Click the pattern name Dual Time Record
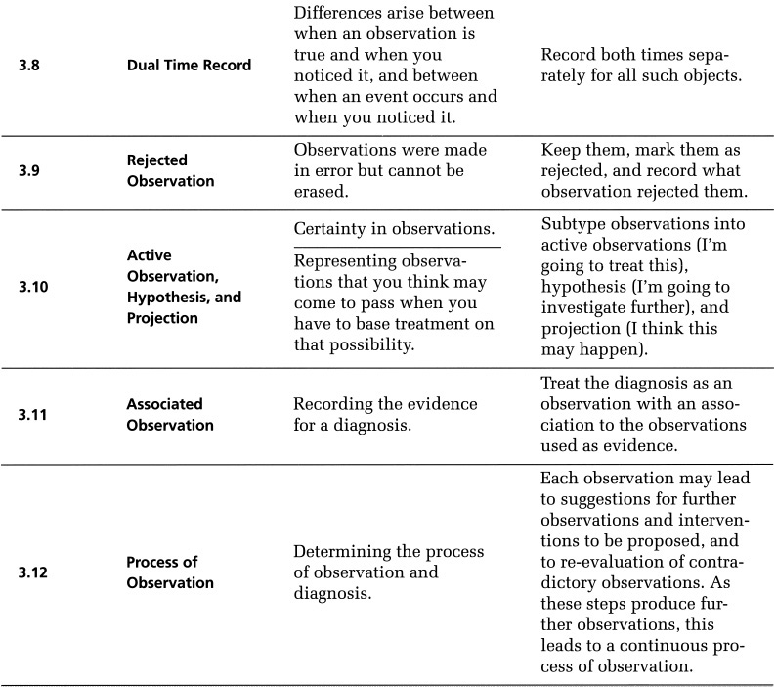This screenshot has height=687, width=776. point(189,67)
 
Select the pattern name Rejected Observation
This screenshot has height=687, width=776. point(170,170)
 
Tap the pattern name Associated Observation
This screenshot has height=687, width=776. point(170,414)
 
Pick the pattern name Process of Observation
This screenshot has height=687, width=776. point(170,572)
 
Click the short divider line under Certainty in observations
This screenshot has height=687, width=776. point(397,248)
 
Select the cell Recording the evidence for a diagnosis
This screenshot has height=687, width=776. point(386,414)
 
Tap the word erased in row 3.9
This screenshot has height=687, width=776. point(323,189)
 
